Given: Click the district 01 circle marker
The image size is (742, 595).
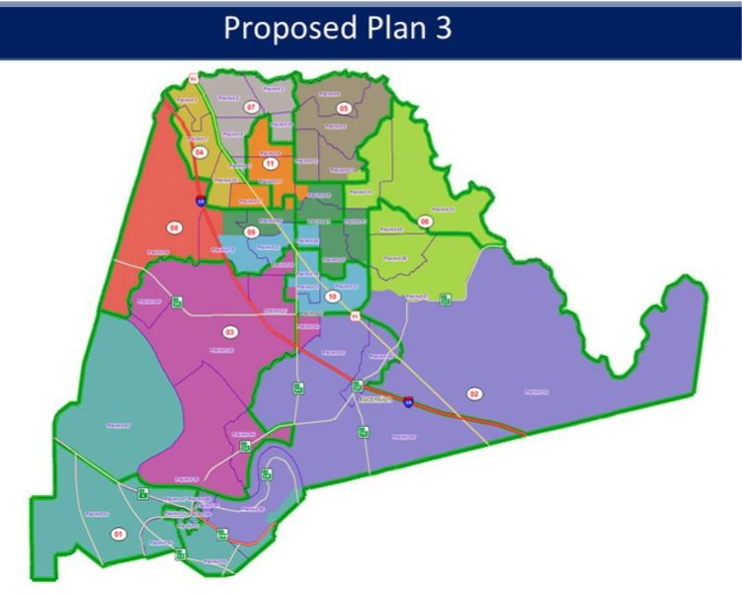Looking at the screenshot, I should pos(119,534).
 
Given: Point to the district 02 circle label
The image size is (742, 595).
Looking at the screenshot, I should pos(474,394).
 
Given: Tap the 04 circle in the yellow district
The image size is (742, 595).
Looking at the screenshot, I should pos(199,153).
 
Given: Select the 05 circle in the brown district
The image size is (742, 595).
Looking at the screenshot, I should pos(344,108).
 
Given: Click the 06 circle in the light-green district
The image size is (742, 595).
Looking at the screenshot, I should pos(425,221).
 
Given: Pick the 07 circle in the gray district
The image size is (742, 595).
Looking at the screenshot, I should pos(251,107).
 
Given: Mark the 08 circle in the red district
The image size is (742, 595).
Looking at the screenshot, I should pos(175,227).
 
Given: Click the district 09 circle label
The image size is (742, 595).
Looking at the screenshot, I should pos(251,231).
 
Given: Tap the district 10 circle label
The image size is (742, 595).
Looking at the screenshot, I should pos(333,296).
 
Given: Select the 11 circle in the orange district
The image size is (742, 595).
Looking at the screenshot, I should pos(269,163).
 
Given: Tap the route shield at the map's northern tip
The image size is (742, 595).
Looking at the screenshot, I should pos(193,76).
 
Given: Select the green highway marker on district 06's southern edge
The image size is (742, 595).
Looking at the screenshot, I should pos(446,295).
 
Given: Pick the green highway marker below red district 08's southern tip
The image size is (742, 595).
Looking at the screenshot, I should pos(178,302).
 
